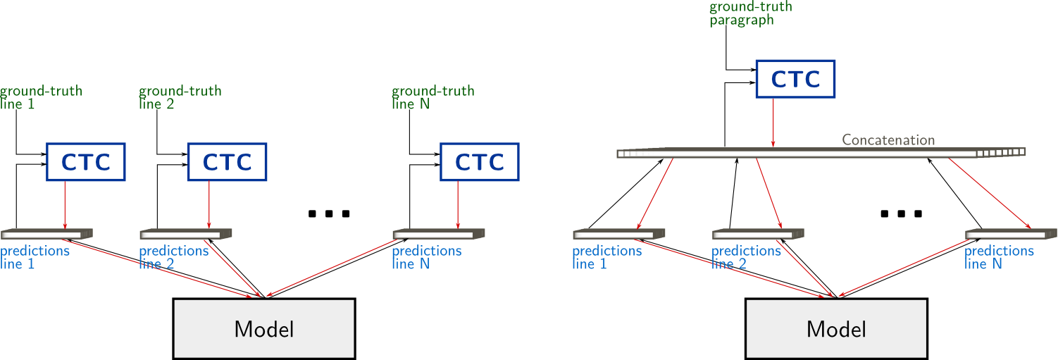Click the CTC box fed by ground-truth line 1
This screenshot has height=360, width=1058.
click(86, 162)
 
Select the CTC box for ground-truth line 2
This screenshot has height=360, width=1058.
click(227, 162)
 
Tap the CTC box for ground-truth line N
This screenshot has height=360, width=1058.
click(479, 162)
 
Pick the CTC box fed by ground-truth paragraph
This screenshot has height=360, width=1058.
click(795, 79)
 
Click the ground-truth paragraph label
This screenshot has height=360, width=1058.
click(750, 13)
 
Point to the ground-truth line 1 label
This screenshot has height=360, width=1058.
click(41, 97)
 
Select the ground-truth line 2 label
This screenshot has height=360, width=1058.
click(180, 97)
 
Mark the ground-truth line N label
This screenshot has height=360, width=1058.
click(432, 97)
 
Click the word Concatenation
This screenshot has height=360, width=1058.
click(888, 139)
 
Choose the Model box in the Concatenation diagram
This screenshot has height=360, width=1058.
click(836, 328)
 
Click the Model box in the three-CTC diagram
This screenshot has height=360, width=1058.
click(264, 328)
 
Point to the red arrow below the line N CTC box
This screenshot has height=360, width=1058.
click(458, 204)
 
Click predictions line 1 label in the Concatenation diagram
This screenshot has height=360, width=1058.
click(606, 257)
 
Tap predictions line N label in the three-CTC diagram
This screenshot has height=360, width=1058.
click(426, 257)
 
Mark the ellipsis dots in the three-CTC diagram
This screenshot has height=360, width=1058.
click(329, 213)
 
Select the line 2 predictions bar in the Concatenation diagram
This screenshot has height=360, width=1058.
click(757, 234)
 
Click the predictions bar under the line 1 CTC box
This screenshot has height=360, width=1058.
click(46, 234)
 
